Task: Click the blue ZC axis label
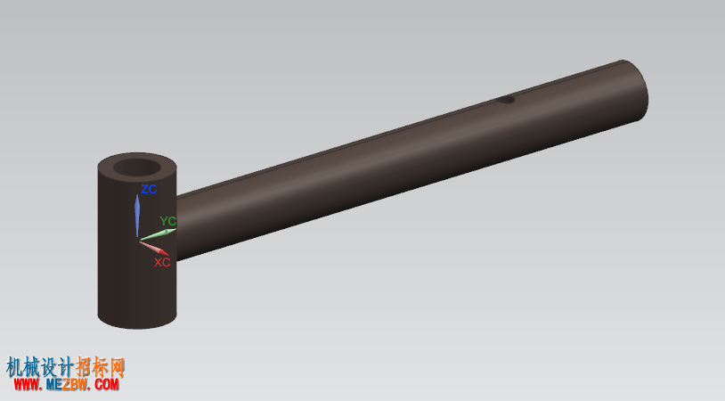(x=149, y=189)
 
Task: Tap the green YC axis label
(x=167, y=221)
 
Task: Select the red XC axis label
(x=162, y=262)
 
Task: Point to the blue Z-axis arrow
(x=137, y=215)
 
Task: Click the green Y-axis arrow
(x=158, y=234)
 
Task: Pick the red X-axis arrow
(x=154, y=248)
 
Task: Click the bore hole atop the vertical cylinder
(x=137, y=168)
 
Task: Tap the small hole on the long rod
(x=506, y=100)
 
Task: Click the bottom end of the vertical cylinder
(x=137, y=322)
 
